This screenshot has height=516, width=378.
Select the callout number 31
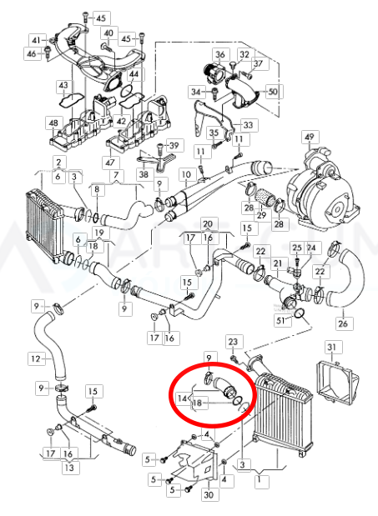coord(331,347)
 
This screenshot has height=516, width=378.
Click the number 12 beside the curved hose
coord(34,359)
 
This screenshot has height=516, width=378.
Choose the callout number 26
coord(342,323)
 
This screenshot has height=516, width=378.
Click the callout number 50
coord(272,89)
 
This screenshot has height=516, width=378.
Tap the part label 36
coord(220,55)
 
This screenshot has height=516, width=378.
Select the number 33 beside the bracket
coord(249,125)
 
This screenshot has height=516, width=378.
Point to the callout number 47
coord(108,161)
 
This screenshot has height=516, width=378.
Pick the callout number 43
coord(63,85)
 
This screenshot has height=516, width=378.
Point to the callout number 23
coord(234,342)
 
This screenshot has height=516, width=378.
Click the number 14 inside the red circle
coord(183,399)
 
